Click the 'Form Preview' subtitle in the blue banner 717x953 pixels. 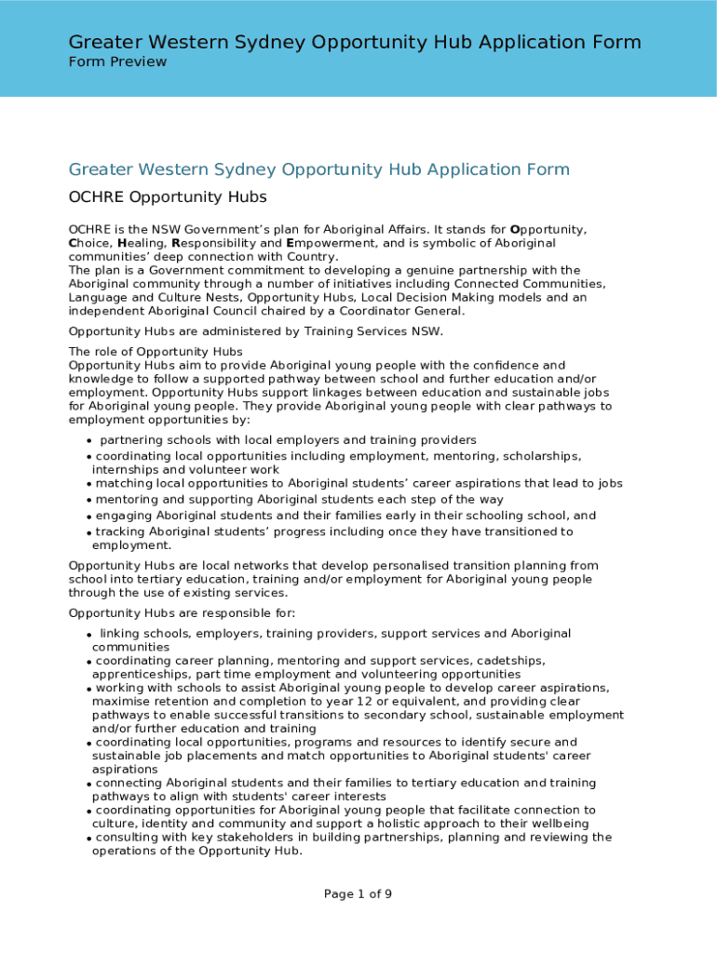tap(117, 62)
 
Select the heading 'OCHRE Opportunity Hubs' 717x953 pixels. tap(168, 197)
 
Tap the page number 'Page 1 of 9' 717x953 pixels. tap(358, 894)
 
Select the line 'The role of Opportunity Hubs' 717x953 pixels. tap(156, 352)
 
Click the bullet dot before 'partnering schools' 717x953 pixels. tap(89, 441)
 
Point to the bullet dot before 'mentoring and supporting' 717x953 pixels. tap(89, 501)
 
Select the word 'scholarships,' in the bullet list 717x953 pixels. tap(540, 456)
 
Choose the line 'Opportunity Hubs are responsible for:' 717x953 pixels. tap(182, 613)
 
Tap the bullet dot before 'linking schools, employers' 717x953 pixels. tap(89, 635)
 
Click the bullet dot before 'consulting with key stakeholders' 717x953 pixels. tap(89, 839)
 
